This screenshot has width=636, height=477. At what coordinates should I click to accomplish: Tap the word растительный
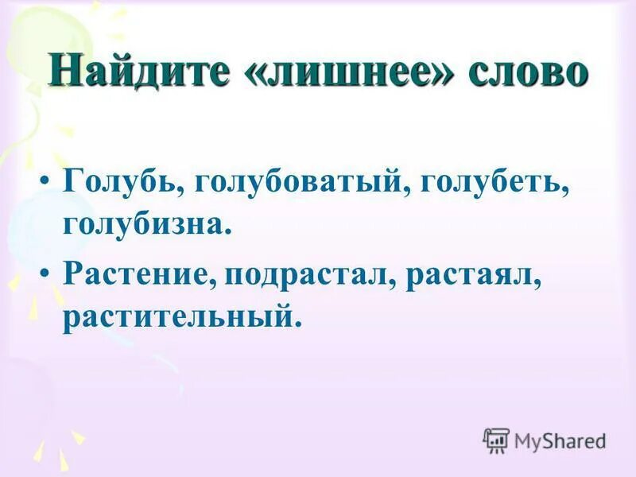[x=180, y=316]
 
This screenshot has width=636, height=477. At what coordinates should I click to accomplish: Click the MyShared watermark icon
[x=496, y=440]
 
